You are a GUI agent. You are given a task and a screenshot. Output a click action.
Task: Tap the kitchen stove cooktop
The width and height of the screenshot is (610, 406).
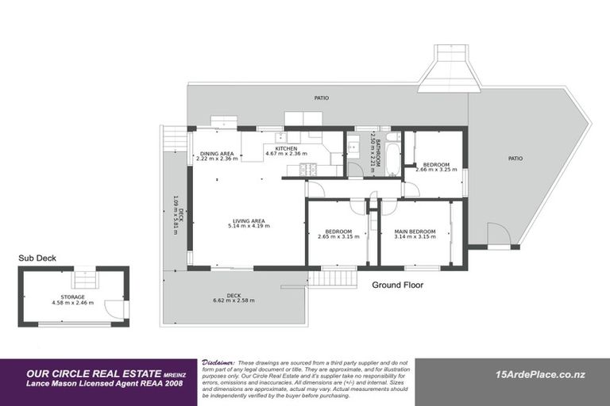click(307, 169)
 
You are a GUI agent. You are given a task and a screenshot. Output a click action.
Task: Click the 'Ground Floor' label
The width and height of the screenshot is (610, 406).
click(397, 285)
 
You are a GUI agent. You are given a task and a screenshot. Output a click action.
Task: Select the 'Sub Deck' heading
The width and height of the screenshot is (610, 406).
click(37, 258)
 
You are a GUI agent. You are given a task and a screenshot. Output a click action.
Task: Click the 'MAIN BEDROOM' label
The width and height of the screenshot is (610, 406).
click(415, 232)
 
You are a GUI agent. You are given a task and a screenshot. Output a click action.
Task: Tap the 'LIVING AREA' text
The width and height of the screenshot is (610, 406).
click(248, 221)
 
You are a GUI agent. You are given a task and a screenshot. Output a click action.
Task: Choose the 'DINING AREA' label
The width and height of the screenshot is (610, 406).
click(217, 154)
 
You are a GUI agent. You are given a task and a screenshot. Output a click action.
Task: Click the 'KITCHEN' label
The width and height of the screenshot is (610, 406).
click(286, 148)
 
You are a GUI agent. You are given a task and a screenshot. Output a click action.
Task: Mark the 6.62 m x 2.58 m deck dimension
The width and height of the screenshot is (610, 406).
click(234, 301)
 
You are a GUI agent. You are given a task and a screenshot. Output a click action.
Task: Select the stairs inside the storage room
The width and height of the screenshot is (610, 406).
click(83, 280)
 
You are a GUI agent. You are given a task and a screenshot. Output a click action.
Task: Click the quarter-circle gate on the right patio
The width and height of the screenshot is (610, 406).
click(498, 235)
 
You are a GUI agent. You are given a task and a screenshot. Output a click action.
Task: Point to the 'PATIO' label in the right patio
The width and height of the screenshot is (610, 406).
click(515, 159)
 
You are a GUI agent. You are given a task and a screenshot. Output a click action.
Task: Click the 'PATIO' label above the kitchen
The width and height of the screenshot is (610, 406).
click(321, 98)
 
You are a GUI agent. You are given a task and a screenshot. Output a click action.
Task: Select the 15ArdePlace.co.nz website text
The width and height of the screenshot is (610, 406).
click(539, 374)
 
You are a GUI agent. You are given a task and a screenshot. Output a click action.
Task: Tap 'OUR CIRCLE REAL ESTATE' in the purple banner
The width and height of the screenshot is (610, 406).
click(93, 372)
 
